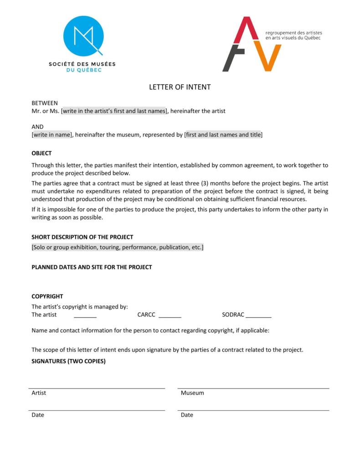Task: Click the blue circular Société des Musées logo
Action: (x=83, y=36)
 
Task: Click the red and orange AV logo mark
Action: (x=251, y=44)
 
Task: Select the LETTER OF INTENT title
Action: (x=180, y=87)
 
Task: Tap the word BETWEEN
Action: (x=45, y=103)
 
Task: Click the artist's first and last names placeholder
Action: (x=114, y=111)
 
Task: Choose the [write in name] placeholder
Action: (x=52, y=135)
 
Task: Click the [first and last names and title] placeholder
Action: (x=223, y=135)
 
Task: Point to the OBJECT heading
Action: (x=41, y=153)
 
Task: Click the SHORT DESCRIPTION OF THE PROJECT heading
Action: (x=82, y=237)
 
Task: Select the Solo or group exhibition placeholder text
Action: (x=118, y=247)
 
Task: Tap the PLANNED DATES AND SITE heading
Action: (x=92, y=267)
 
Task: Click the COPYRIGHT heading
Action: (x=47, y=296)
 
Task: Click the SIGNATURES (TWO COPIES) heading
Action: (x=68, y=361)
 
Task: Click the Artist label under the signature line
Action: (x=39, y=393)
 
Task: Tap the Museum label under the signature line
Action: (x=192, y=393)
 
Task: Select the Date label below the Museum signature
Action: (x=187, y=415)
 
